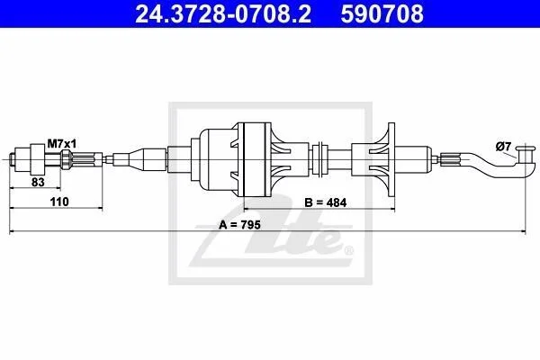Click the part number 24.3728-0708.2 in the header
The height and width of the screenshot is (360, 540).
pos(223,14)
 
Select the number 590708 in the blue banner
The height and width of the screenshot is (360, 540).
pos(382,14)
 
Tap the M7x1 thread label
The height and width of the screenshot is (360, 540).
pos(62,144)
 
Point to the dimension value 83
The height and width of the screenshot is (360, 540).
pos(38,182)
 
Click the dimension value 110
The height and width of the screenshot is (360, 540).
pos(59,202)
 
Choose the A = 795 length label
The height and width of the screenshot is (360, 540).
pos(239,225)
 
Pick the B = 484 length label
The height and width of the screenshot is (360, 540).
pos(326,202)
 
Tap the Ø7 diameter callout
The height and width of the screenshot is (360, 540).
pos(503,147)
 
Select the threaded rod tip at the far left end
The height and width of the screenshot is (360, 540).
pos(12,159)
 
